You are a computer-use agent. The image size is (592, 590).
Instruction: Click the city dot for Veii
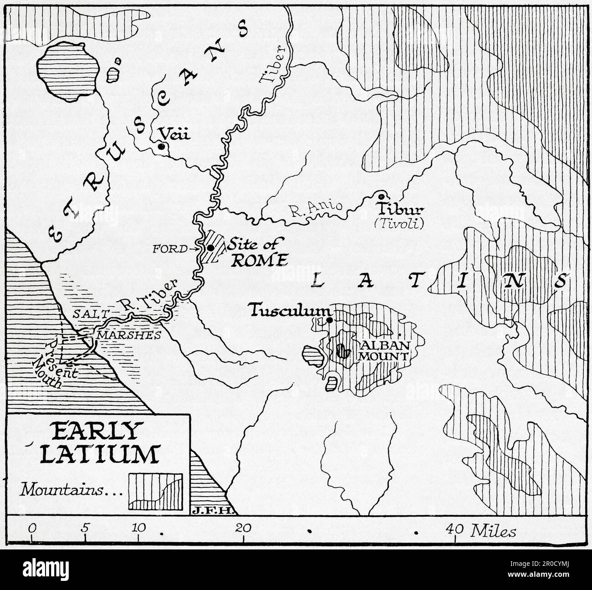[x=161, y=147]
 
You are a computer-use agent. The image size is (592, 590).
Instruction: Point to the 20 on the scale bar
[x=243, y=528]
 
